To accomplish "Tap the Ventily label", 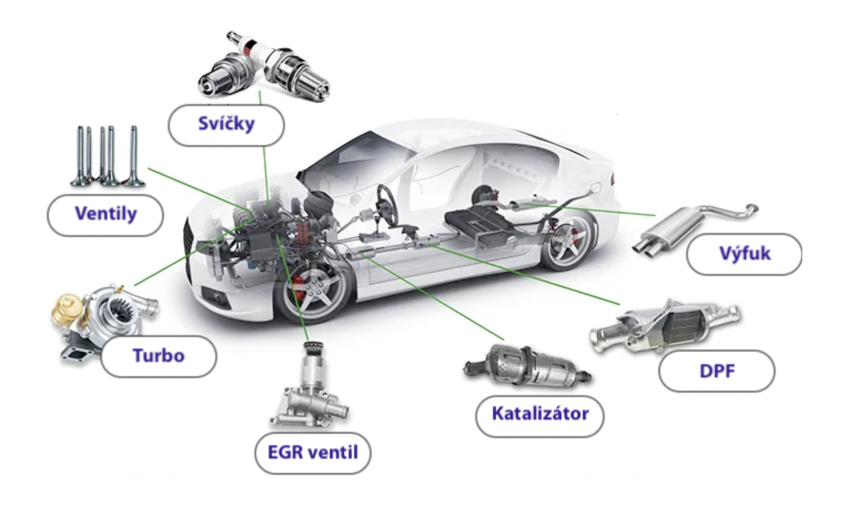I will [x=105, y=214].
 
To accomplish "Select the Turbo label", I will [x=158, y=356].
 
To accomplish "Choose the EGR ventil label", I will [x=312, y=453].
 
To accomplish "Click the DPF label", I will [x=716, y=371].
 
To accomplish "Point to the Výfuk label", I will [x=744, y=254].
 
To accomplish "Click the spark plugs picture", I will [x=264, y=67].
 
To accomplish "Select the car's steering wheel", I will [x=386, y=200].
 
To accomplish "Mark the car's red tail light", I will [x=613, y=178].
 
